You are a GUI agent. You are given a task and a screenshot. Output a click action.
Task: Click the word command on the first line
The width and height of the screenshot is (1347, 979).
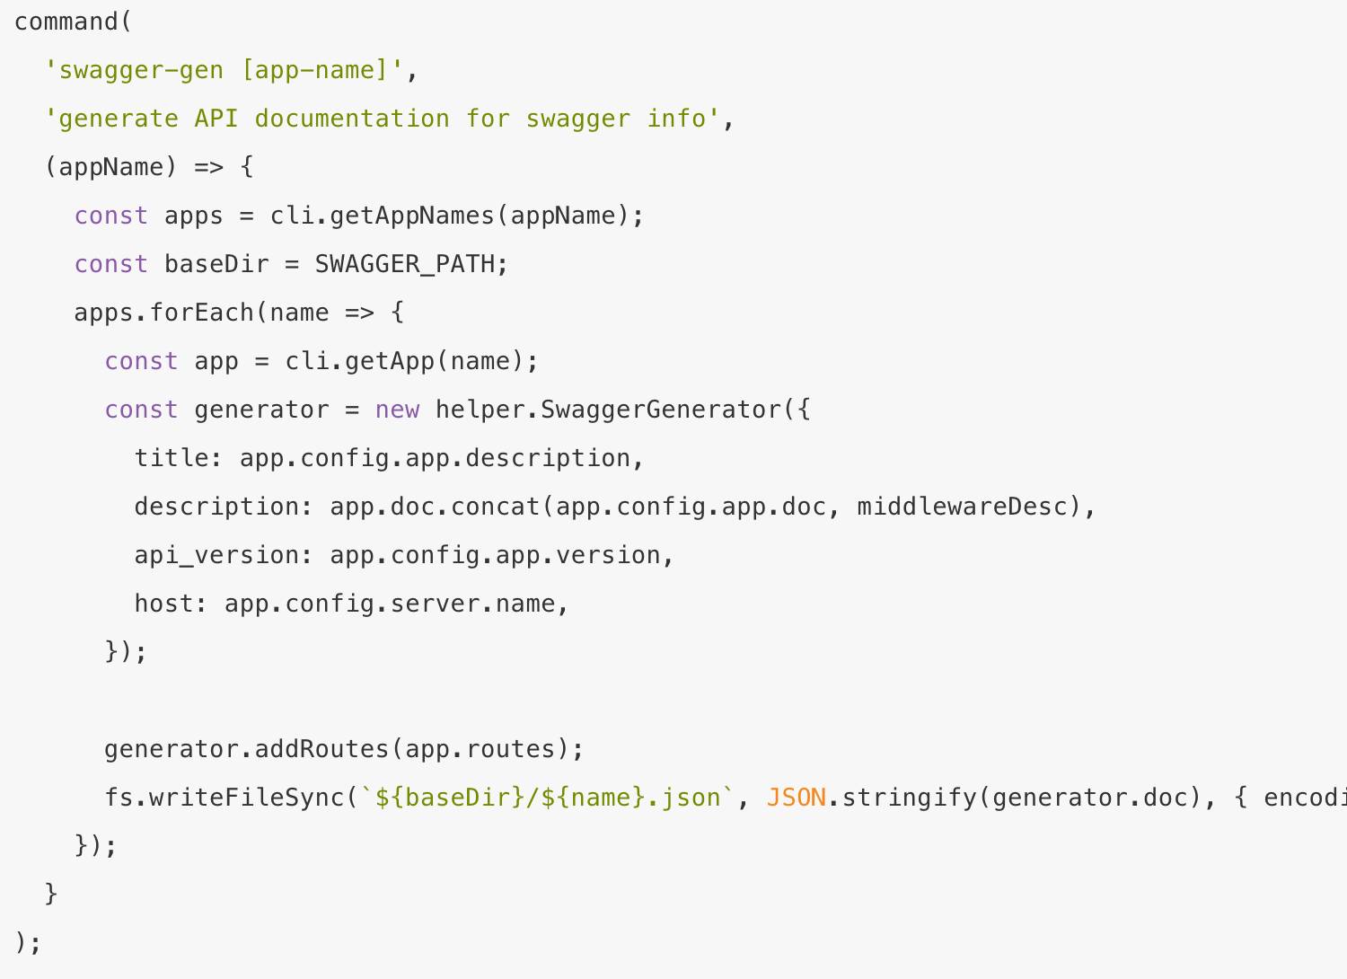click(x=66, y=22)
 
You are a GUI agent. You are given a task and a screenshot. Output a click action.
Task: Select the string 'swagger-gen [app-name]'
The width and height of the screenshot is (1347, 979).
click(x=224, y=70)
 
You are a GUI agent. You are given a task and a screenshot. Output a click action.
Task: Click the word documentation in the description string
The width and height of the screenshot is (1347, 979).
click(x=352, y=119)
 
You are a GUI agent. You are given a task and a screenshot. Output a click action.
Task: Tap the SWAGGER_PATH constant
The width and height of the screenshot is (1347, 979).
click(x=405, y=264)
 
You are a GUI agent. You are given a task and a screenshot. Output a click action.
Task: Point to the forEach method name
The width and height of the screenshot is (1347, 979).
click(x=202, y=313)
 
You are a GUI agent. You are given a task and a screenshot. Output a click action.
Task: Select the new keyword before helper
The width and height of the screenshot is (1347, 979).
click(x=397, y=410)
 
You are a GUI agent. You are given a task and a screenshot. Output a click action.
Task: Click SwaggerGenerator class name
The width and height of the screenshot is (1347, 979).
click(x=662, y=410)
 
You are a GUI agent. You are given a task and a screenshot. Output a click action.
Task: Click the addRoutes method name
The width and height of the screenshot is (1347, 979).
click(x=321, y=749)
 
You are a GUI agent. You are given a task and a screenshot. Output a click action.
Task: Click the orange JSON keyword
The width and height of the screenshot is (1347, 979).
click(x=796, y=798)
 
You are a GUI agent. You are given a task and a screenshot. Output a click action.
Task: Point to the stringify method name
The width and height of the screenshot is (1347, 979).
click(x=909, y=798)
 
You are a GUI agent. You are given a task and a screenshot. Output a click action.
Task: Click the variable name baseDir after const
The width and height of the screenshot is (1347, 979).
click(x=216, y=264)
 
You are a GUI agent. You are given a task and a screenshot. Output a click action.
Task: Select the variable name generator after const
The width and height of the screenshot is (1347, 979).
click(x=261, y=410)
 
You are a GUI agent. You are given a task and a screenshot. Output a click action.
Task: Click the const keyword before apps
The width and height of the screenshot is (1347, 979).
click(x=110, y=216)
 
